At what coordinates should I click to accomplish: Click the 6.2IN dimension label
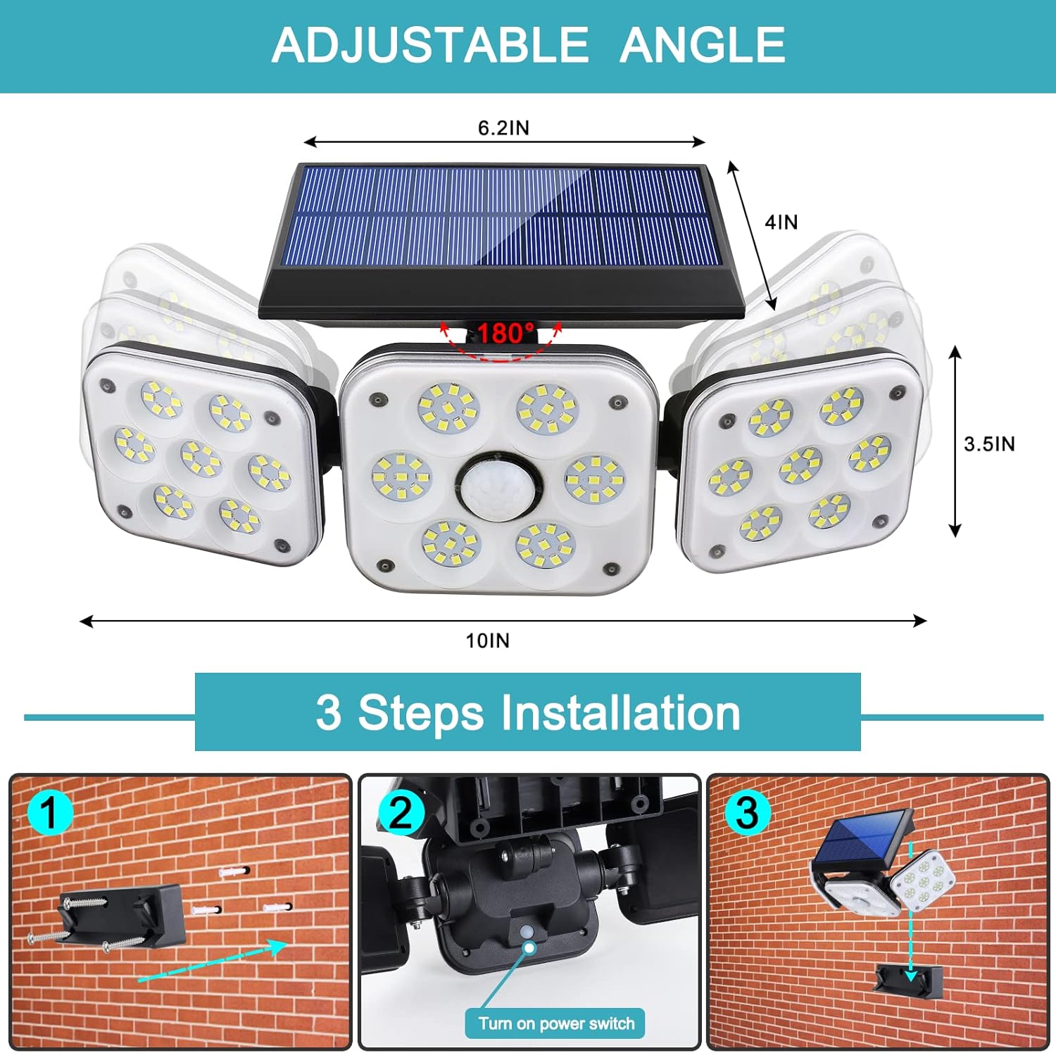point(503,127)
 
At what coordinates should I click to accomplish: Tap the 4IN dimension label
point(781,222)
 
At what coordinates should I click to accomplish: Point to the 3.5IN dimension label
point(989,443)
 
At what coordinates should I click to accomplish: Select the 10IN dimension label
point(487,641)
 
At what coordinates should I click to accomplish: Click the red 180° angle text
point(505,332)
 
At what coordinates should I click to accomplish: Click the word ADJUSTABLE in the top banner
point(429,45)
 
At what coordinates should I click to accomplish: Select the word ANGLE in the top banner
point(702,45)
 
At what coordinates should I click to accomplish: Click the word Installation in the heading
point(620,712)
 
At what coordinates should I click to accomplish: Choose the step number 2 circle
point(401,813)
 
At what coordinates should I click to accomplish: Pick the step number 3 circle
point(747,813)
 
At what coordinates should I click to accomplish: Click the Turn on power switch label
point(555,1023)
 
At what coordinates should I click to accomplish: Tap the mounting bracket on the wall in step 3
point(908,981)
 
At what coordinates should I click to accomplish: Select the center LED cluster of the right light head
point(800,465)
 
